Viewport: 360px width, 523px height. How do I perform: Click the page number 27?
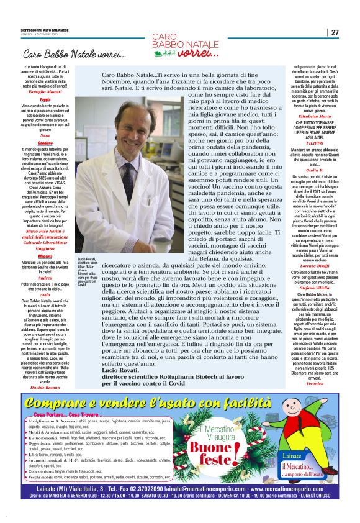pos(335,32)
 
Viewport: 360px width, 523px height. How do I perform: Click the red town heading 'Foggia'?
pos(45,99)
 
